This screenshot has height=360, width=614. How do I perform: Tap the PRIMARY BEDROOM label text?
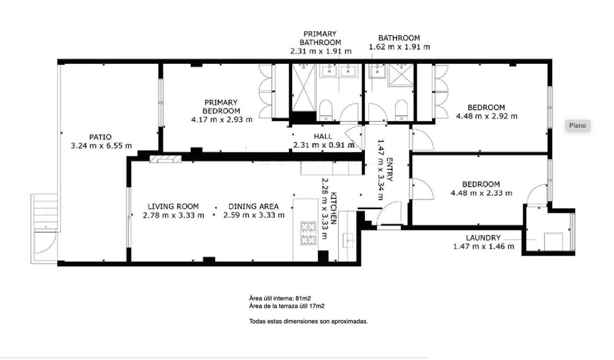[x=221, y=106]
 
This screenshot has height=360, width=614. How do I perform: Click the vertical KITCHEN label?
[x=333, y=209]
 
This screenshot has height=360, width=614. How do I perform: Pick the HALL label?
[x=323, y=137]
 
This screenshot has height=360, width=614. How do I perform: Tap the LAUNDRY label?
[x=483, y=238]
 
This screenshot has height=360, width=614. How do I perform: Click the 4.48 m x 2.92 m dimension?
[x=486, y=116]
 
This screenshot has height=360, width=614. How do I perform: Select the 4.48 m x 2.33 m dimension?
[x=481, y=193]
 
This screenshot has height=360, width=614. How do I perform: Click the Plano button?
[x=577, y=125]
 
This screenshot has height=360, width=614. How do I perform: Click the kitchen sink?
[x=350, y=239]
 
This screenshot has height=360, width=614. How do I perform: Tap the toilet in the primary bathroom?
[x=325, y=109]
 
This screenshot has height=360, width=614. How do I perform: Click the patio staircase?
[x=45, y=212]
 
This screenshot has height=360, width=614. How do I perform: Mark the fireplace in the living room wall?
[x=165, y=159]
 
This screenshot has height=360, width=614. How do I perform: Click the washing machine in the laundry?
[x=553, y=241]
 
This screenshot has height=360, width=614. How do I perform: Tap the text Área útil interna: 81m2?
[x=280, y=297]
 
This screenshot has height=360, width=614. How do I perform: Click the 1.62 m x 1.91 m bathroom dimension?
[x=399, y=47]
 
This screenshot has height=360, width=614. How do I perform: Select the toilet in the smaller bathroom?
[x=401, y=109]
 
